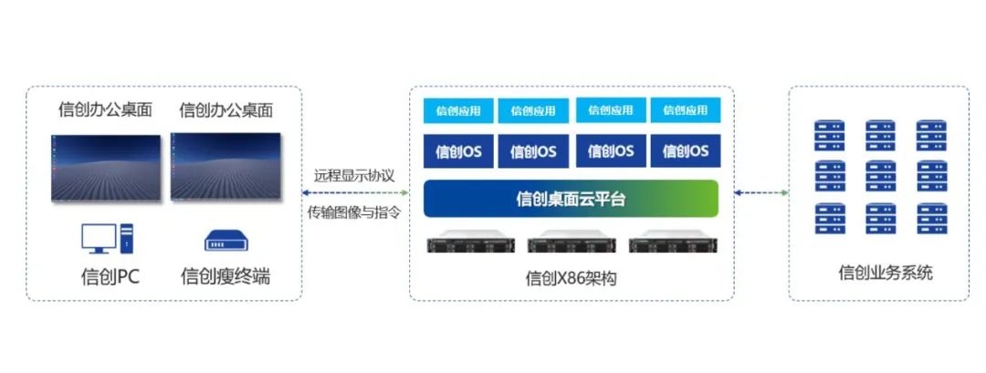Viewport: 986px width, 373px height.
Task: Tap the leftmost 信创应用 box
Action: click(x=457, y=110)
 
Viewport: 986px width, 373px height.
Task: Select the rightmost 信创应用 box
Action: click(x=686, y=110)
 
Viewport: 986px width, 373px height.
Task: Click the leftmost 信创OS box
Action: click(x=457, y=151)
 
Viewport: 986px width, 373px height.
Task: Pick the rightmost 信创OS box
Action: click(x=686, y=151)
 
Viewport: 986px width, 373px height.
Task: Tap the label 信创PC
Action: click(x=110, y=277)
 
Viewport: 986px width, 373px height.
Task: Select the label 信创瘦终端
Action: click(x=226, y=277)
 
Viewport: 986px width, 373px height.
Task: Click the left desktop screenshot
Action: click(x=106, y=168)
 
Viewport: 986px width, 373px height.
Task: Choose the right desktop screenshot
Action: click(x=224, y=167)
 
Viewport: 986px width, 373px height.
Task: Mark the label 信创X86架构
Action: click(x=572, y=278)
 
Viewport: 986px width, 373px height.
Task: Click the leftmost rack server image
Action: click(x=470, y=244)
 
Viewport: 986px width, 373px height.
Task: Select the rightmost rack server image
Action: click(x=673, y=244)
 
